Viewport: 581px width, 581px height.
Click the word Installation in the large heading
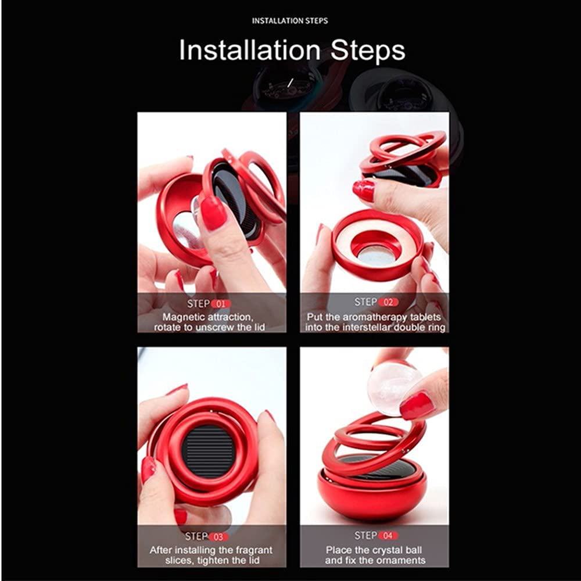(x=250, y=50)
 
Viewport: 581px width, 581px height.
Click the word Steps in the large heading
(x=368, y=51)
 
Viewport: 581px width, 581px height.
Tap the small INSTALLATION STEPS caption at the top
(x=290, y=21)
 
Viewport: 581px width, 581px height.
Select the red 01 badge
(x=221, y=304)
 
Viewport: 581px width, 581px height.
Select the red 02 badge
(x=388, y=302)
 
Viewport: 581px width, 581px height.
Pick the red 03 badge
(x=218, y=537)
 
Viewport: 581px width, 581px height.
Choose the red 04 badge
(x=388, y=536)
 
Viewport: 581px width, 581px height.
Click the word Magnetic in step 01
(x=184, y=317)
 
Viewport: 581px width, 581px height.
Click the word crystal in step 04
(x=388, y=550)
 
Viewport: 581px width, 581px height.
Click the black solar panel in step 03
(x=208, y=451)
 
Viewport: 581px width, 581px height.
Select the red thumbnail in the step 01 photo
(x=213, y=213)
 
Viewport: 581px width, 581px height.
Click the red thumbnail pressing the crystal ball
(x=417, y=406)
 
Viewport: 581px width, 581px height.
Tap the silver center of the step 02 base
(x=376, y=256)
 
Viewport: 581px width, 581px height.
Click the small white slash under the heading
(x=290, y=83)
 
